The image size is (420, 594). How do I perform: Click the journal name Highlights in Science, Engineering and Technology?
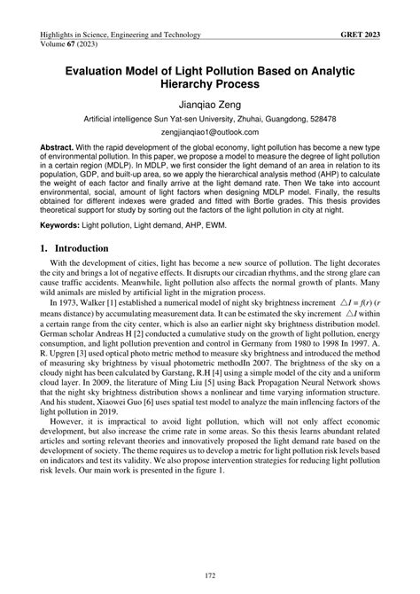121,35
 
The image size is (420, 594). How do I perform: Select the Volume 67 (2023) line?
68,45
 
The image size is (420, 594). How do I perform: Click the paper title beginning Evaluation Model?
209,75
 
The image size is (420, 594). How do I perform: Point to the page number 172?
210,578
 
